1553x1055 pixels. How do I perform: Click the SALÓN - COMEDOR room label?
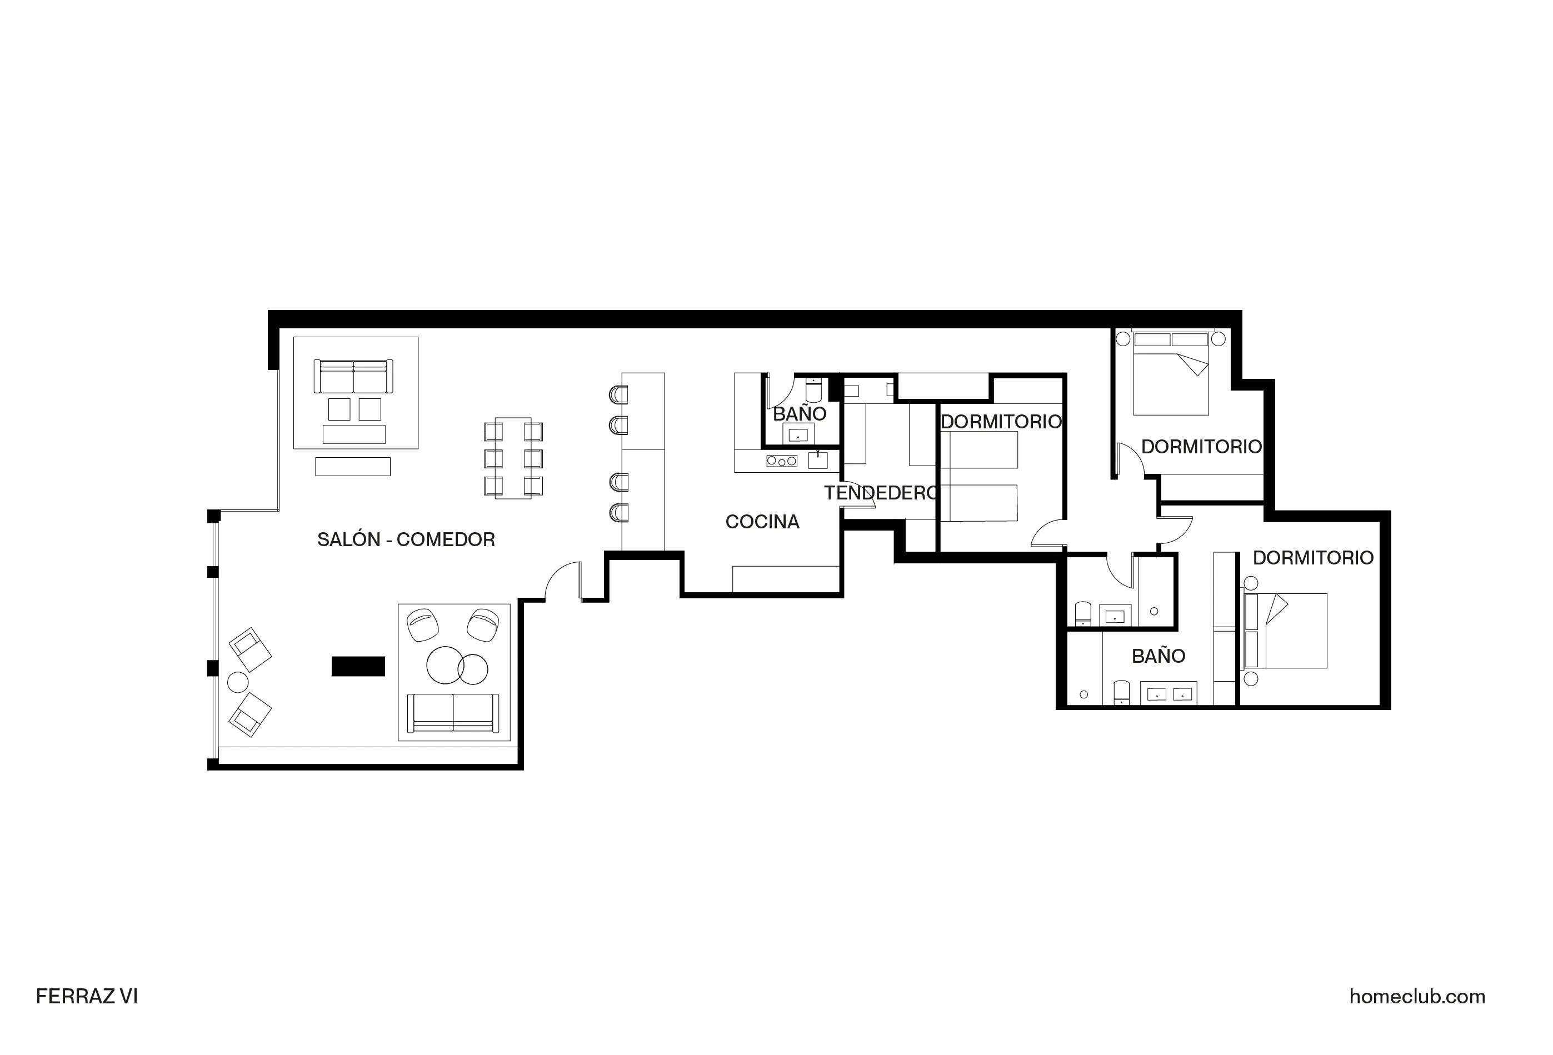pos(406,540)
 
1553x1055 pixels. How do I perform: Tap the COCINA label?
pos(762,522)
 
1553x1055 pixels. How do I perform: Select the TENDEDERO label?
pos(880,493)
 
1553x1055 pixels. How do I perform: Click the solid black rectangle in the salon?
pos(358,666)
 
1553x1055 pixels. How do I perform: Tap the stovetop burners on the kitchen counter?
pos(781,461)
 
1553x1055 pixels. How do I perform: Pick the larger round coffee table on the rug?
pos(445,666)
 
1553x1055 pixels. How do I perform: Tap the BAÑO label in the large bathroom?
pos(1158,656)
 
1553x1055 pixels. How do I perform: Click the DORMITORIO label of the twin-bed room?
pos(1000,422)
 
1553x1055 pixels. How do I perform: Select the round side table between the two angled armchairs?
pos(238,682)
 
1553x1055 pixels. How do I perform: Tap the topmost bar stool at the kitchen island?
pos(619,395)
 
